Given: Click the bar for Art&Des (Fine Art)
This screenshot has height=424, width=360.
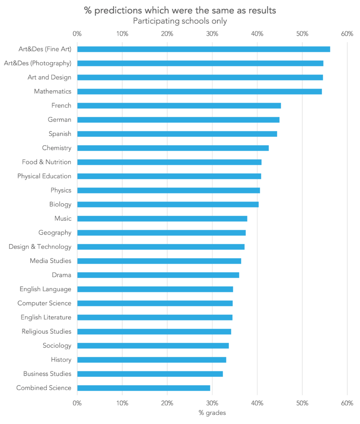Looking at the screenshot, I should pos(203,49).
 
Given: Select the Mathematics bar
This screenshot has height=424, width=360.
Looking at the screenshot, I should pos(199,92).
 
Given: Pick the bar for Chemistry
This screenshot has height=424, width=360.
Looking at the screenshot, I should pos(173,148).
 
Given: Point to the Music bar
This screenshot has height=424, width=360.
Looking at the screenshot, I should pos(162,219).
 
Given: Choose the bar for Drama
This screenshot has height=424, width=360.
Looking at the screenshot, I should pos(158,275).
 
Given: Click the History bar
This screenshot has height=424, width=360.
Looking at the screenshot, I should pos(151,360).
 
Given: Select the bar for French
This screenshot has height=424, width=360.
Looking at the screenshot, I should pos(179,106).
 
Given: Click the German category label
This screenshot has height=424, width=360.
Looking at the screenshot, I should pos(59,120).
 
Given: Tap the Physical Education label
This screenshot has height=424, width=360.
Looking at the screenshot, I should pos(44,176).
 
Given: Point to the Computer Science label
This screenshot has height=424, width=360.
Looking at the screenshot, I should pos(44,303).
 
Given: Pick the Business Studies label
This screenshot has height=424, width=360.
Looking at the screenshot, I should pos(47,374).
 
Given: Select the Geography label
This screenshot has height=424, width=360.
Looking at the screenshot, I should pos(55,233).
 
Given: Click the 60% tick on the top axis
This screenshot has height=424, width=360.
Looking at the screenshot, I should pos(347,34).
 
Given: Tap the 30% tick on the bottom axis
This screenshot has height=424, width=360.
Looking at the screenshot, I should pos(212,403).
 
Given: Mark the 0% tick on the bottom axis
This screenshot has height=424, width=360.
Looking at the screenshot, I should pos(77,403).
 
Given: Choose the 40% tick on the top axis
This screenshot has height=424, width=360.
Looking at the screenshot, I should pos(257,34).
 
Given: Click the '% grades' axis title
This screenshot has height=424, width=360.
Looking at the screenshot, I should pos(212,413).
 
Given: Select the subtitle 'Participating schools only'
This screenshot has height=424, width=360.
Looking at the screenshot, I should pos(180,21).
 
